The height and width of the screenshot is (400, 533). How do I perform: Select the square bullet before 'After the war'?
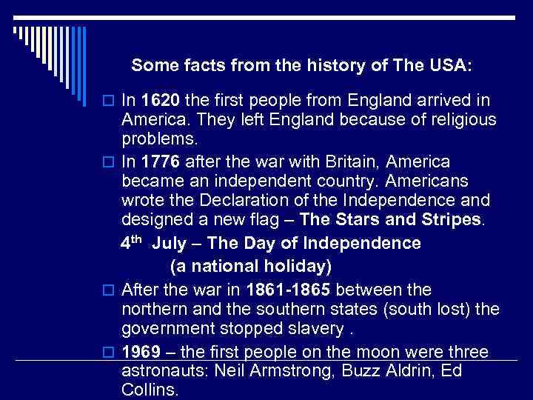(108, 290)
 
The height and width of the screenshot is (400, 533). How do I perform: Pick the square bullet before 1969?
(108, 352)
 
